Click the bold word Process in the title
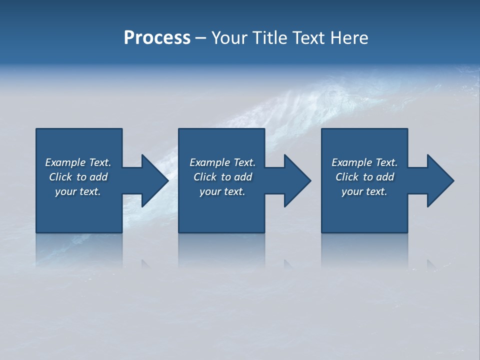click(157, 38)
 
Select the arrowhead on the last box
click(439, 180)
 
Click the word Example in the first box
click(65, 162)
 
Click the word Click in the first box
click(60, 177)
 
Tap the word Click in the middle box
click(205, 177)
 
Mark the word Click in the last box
click(347, 177)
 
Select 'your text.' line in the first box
click(78, 191)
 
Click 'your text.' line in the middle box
click(222, 191)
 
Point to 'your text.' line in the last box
click(364, 191)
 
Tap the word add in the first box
click(98, 177)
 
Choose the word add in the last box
click(385, 177)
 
